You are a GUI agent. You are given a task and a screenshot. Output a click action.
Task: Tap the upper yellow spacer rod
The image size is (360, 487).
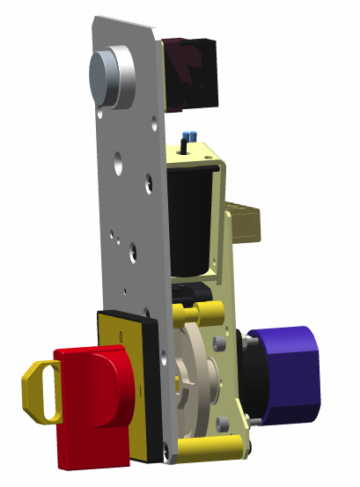pos(199,314)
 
